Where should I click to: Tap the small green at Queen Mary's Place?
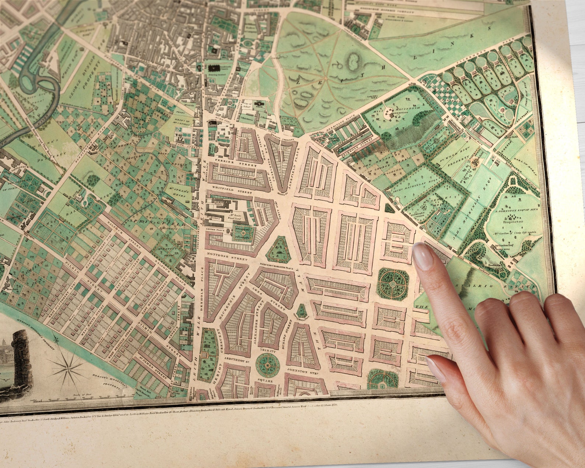(x=302, y=310)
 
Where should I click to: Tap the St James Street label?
(x=152, y=368)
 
